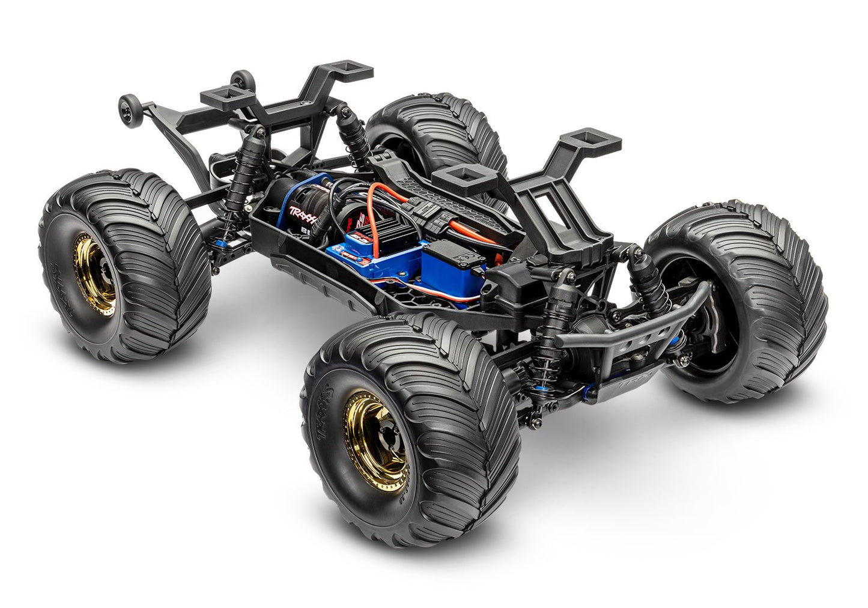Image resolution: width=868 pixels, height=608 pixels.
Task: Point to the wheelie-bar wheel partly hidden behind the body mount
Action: click(x=243, y=81)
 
